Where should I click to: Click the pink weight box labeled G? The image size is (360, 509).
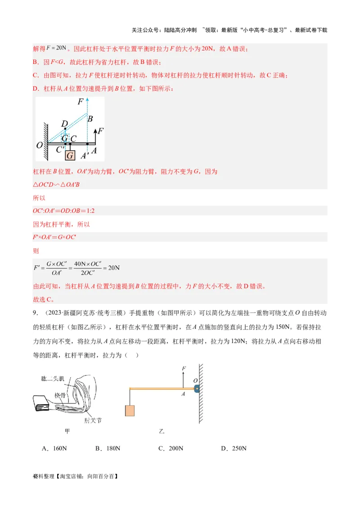click(x=70, y=156)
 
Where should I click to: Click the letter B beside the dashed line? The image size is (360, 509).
click(x=90, y=119)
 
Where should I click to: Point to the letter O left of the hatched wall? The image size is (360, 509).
click(x=39, y=145)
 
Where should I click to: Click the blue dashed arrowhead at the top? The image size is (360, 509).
click(x=87, y=99)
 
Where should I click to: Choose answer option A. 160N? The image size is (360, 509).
click(x=54, y=448)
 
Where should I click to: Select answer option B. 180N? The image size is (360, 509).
click(x=108, y=448)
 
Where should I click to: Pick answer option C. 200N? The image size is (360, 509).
click(x=171, y=448)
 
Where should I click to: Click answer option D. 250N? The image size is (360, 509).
click(x=234, y=448)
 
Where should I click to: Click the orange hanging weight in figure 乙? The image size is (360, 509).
click(x=130, y=411)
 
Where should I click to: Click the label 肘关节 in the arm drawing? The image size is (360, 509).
click(x=93, y=420)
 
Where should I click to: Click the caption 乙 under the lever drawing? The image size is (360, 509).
click(x=162, y=432)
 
